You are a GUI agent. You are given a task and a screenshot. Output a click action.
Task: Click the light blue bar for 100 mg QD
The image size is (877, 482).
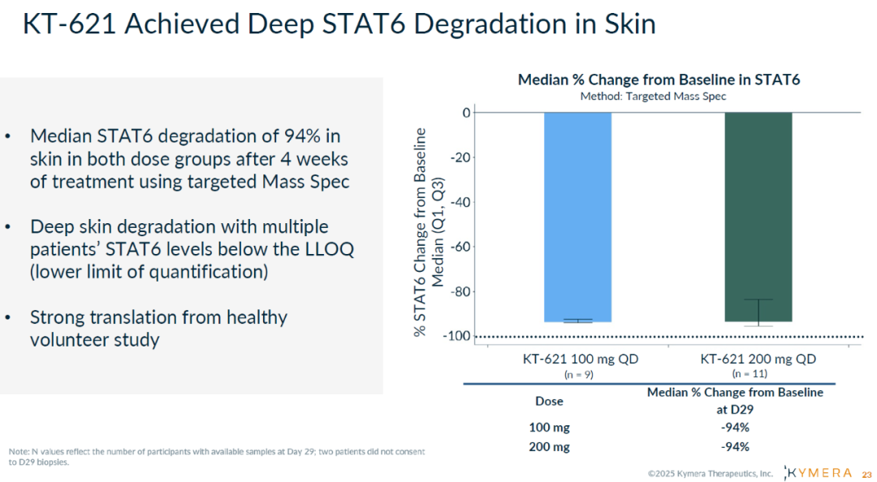coord(577,217)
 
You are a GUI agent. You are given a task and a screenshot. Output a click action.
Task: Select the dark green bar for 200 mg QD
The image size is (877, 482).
coord(758,217)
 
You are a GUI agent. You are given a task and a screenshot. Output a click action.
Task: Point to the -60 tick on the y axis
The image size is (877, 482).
coord(462,247)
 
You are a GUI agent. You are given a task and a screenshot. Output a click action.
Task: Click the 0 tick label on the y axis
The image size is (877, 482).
coord(466,112)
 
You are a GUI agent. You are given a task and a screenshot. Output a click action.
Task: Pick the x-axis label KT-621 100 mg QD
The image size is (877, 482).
coord(577,359)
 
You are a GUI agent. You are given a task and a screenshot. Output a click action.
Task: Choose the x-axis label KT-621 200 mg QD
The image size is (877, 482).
coord(758,359)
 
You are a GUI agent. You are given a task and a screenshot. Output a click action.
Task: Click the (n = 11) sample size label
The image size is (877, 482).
coord(750,374)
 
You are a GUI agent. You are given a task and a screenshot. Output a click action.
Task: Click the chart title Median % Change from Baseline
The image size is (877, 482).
coord(659,80)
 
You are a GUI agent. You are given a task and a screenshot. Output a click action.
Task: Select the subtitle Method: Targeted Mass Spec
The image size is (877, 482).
coord(653,96)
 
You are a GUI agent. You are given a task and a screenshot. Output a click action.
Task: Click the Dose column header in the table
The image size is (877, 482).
coord(549,401)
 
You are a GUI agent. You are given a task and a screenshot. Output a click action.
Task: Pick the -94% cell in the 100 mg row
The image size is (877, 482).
coord(735,428)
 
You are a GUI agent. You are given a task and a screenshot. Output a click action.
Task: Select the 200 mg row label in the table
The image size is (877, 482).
coord(549,447)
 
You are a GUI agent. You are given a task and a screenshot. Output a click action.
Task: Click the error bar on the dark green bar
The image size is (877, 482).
coord(758,312)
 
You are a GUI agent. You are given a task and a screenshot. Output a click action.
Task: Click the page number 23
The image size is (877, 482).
coord(866,474)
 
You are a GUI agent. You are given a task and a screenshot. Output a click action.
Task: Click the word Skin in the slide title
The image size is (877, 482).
coord(628,24)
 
